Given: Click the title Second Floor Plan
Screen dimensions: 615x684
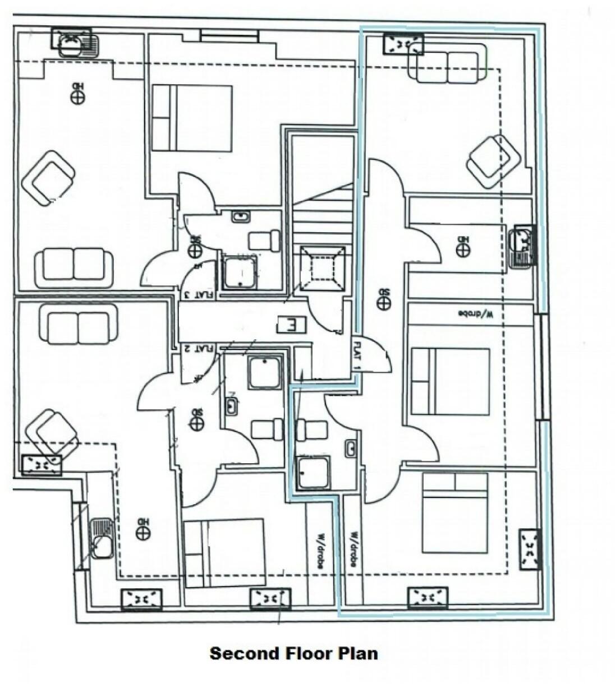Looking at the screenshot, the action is (x=293, y=653).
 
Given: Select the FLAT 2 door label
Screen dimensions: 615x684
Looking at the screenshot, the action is (x=198, y=348).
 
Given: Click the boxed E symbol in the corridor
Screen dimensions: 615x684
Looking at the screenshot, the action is (x=292, y=323).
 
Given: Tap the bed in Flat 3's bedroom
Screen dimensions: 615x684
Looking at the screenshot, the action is (x=191, y=118).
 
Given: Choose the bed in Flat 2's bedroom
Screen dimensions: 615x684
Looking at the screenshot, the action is (x=224, y=552).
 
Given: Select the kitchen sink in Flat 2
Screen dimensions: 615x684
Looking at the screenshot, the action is (x=102, y=538).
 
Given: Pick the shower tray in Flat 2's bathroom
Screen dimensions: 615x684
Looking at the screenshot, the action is (x=264, y=371).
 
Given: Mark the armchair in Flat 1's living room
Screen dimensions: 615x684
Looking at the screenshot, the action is (x=495, y=161).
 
